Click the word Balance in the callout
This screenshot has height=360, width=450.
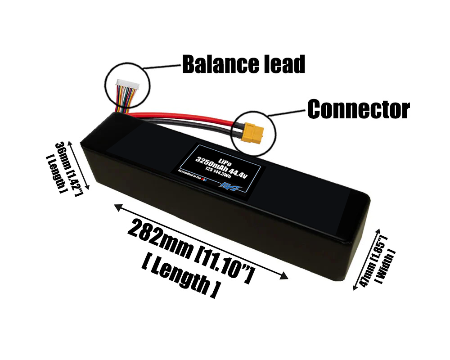217,65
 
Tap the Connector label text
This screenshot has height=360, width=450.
358,109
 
